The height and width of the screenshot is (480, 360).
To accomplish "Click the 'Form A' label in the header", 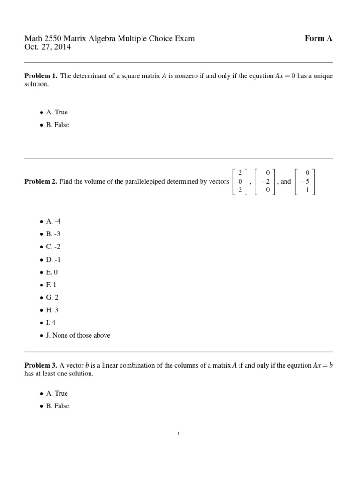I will coord(318,38).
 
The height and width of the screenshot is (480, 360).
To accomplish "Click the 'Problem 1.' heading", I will coord(41,76).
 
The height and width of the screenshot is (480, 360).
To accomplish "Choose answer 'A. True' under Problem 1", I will coord(57,112).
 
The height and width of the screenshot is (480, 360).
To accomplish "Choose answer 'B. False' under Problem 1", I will coord(57,125).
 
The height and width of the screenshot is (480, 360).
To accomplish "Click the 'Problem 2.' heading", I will coord(41,182).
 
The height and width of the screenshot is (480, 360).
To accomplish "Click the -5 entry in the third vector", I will coord(305,182).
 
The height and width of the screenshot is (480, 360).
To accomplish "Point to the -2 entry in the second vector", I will coord(265,182).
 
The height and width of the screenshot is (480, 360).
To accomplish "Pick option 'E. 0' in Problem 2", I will coord(52,272).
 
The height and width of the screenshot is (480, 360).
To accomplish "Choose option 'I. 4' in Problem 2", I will coord(51,323).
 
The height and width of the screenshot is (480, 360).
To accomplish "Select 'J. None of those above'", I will coord(78,336).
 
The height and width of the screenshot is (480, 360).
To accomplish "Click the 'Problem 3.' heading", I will coord(41,366).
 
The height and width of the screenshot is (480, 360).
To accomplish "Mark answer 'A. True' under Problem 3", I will coord(57,394).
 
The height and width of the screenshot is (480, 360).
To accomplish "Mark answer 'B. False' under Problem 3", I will coord(57,406).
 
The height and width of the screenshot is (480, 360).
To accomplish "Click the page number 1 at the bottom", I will coord(179,434).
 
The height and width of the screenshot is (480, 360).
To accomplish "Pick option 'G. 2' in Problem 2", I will coord(52,298).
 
